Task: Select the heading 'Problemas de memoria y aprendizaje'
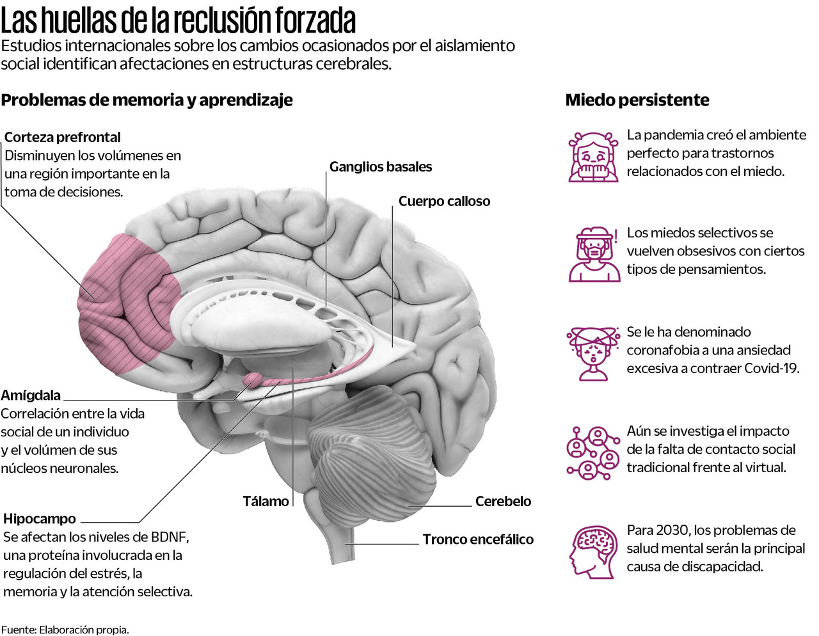tap(147, 100)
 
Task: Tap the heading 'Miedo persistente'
tap(637, 100)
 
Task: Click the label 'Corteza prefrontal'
tap(62, 137)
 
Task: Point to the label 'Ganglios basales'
tap(381, 167)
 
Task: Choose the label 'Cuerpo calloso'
tap(444, 201)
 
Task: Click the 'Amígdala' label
tap(31, 395)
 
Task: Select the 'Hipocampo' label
tap(40, 518)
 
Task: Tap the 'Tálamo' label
tap(266, 501)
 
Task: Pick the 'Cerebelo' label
tap(503, 501)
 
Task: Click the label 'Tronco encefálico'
tap(478, 539)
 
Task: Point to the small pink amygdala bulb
tap(253, 380)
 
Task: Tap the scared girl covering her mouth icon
tap(593, 157)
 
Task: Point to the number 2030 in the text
tap(672, 530)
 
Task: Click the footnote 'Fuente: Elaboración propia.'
tap(65, 630)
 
